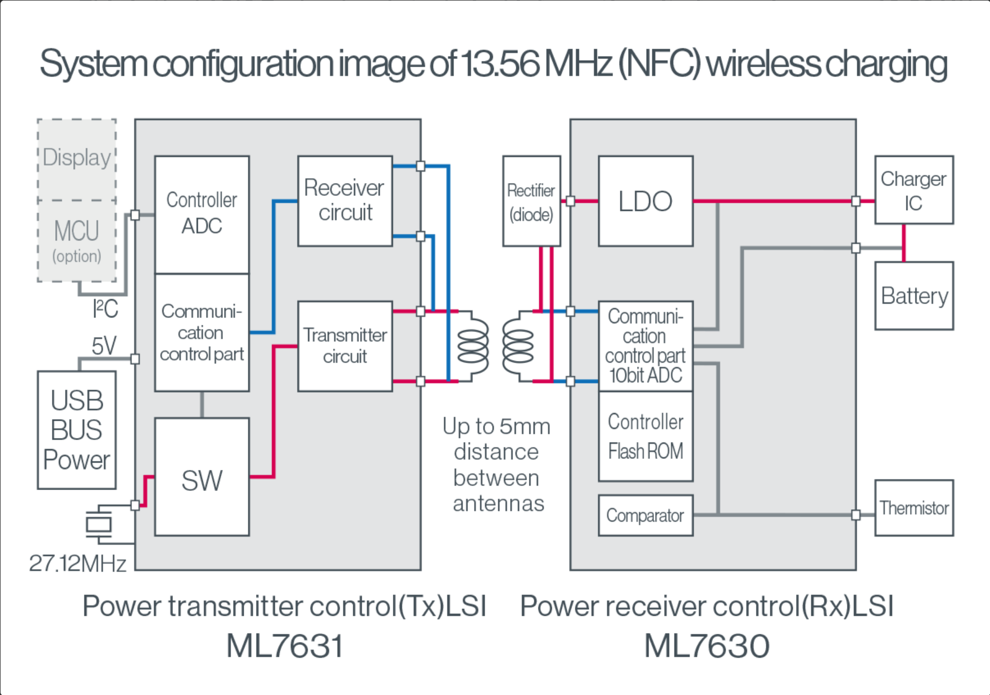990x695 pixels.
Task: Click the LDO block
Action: coord(646,201)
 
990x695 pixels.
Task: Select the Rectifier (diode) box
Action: coord(532,201)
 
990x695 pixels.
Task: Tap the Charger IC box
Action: coord(914,190)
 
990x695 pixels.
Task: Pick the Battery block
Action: coord(914,296)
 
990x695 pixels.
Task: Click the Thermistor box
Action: coord(914,508)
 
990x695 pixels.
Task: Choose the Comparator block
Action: coord(646,515)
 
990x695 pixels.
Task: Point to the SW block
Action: coord(202,477)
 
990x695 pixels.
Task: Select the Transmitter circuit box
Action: coord(345,346)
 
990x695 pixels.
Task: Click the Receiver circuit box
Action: coord(345,201)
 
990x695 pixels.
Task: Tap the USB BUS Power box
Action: coord(76,430)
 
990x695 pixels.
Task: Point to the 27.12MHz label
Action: coord(78,563)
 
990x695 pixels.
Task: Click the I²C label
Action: coord(105,309)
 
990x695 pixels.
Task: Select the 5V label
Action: coord(104,346)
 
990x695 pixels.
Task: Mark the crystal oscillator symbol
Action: coord(99,525)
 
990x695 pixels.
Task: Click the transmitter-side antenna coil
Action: coord(473,346)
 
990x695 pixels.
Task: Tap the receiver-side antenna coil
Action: coord(517,346)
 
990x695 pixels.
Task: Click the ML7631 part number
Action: coord(285,646)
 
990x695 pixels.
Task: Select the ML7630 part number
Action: coord(707,646)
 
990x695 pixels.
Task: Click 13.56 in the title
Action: coord(500,63)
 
